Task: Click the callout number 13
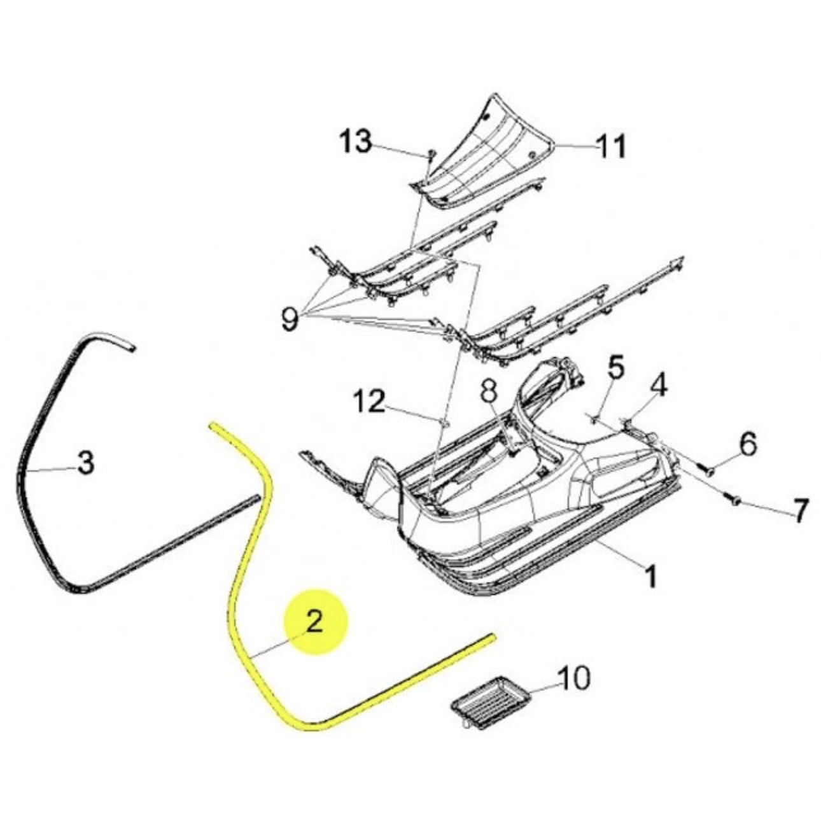(x=355, y=142)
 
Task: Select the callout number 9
(x=290, y=319)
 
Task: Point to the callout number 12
(x=369, y=402)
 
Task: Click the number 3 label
(x=86, y=463)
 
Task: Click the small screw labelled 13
(x=431, y=154)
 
